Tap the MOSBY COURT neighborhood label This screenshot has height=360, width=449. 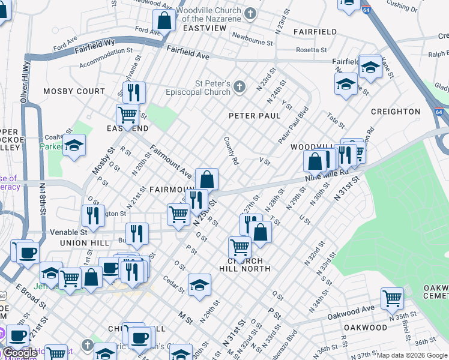coord(74,91)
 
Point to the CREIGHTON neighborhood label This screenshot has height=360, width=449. coord(396,112)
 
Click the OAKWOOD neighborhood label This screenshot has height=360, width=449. coord(366,328)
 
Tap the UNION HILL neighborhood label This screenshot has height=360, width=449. coord(85,242)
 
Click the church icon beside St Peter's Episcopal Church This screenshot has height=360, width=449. coord(240,88)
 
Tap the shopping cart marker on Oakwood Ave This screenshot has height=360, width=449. coord(392,297)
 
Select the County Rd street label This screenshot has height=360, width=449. coord(232,151)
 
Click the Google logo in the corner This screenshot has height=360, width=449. coord(20,352)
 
